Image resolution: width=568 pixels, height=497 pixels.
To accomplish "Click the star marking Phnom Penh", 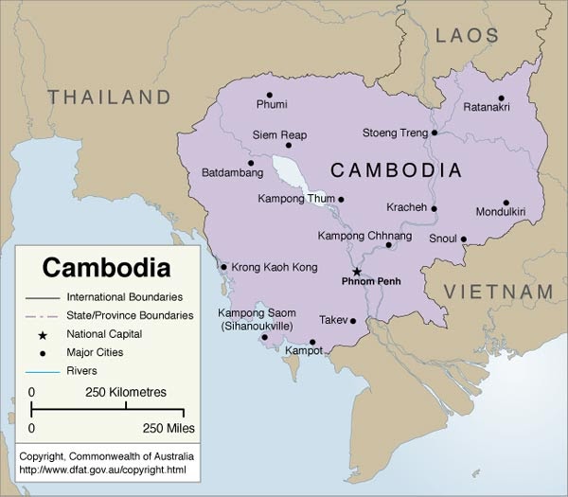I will (x=357, y=271).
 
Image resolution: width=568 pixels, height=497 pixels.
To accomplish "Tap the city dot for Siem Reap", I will (x=289, y=145).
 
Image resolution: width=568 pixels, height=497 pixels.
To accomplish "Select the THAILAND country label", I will (x=110, y=97).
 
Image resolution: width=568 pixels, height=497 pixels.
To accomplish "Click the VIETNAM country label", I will (x=500, y=291).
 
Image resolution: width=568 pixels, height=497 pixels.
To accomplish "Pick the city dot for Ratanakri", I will (x=501, y=97).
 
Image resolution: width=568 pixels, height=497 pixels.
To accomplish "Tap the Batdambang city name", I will (x=233, y=173).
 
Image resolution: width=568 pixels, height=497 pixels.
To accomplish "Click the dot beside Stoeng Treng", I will (x=435, y=133).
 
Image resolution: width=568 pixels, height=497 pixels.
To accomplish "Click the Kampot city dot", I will (x=312, y=343).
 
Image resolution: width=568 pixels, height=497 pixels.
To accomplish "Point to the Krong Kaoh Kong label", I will (x=275, y=268).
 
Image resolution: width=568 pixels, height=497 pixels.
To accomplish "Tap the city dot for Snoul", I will (x=464, y=239).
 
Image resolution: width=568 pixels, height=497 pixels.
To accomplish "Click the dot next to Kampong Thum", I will (x=342, y=199).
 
